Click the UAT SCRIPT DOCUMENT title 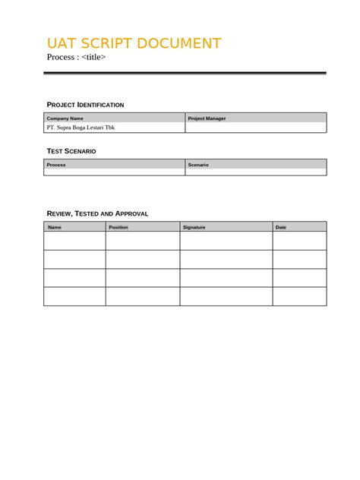134,43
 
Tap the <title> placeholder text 93,57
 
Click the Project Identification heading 85,105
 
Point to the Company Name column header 65,118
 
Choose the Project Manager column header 207,118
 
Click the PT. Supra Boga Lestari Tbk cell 81,128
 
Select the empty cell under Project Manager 256,128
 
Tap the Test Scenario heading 71,151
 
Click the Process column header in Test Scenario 56,165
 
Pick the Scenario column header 198,165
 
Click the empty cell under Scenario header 256,172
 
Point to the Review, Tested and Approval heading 97,213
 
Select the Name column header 55,227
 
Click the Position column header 118,227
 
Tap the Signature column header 194,227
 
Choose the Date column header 281,227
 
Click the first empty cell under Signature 226,241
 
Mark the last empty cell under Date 299,296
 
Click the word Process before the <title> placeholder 61,57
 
